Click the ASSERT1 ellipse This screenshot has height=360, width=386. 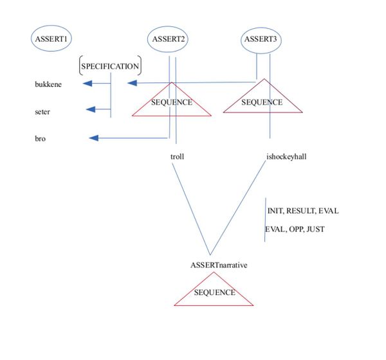[51, 39]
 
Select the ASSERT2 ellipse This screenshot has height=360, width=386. [169, 39]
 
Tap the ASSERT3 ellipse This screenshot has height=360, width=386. [261, 40]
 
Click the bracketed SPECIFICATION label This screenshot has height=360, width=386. [110, 66]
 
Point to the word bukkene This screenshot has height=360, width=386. [48, 84]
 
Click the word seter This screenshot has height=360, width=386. [42, 112]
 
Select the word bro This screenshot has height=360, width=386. [40, 138]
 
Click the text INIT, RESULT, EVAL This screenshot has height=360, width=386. [302, 212]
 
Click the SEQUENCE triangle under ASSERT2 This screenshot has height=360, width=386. [172, 103]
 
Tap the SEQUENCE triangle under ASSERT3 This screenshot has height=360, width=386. [262, 101]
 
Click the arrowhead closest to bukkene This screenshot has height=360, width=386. [87, 83]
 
